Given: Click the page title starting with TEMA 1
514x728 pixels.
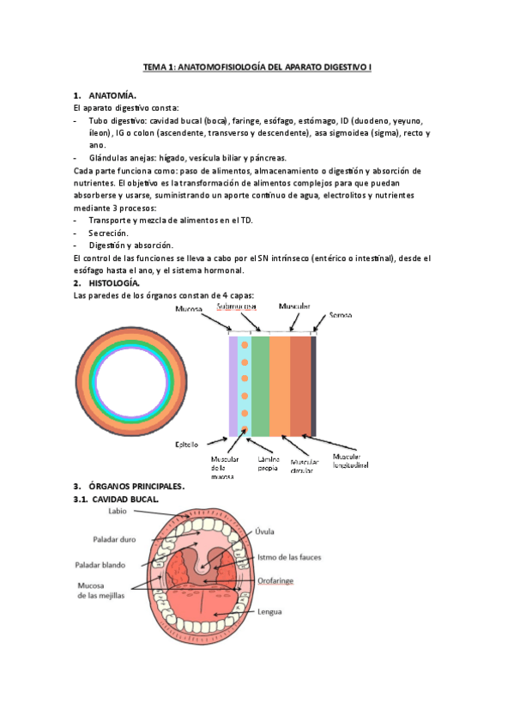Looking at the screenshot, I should click(x=257, y=65).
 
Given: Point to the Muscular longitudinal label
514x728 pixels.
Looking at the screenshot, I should click(x=350, y=461).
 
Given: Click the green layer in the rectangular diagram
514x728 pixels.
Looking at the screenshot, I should click(x=260, y=386).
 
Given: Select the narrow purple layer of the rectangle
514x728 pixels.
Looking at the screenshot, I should click(x=233, y=386).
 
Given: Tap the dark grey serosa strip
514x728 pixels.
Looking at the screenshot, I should click(x=314, y=386).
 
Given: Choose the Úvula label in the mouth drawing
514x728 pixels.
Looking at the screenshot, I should click(x=265, y=531).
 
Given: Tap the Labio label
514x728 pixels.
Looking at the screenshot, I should click(x=118, y=512).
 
